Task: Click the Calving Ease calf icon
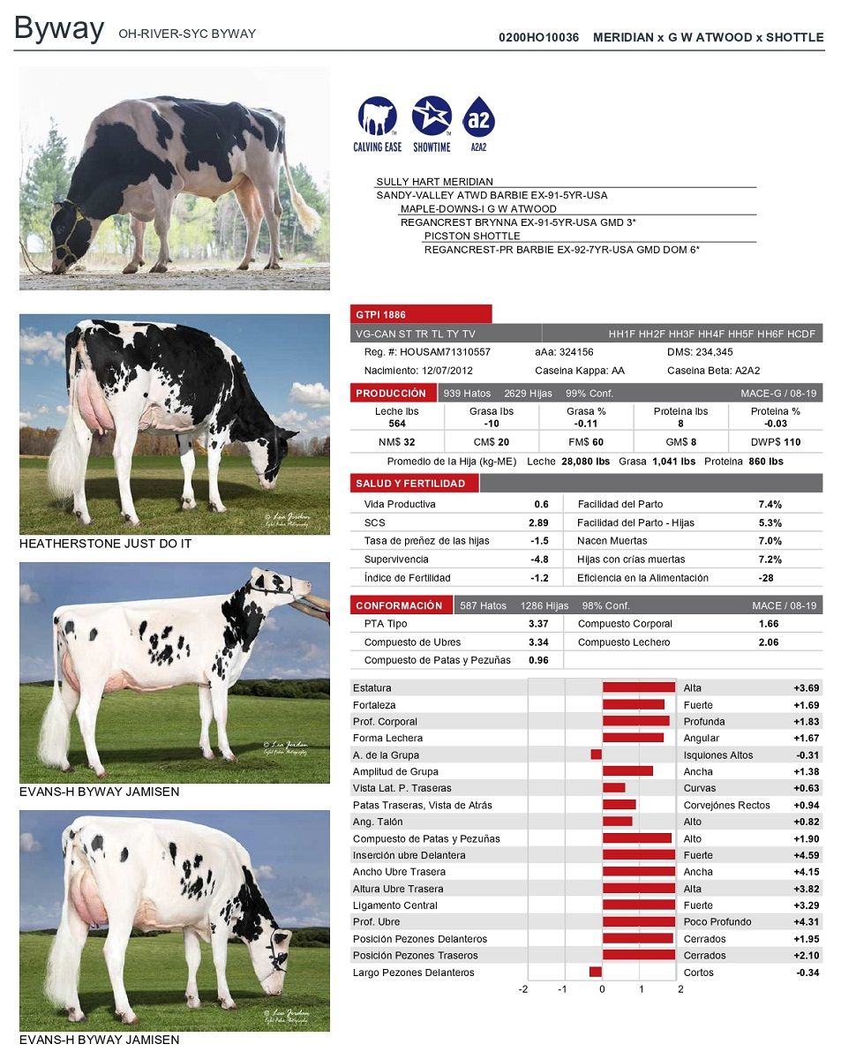pos(377,116)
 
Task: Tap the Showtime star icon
pos(432,116)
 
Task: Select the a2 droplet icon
pos(478,116)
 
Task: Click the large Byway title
pos(59,28)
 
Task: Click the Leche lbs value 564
pos(396,424)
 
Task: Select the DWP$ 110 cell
pos(775,442)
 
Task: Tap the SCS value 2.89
pos(538,522)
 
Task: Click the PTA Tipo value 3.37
pos(538,624)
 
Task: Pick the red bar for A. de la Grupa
pos(596,755)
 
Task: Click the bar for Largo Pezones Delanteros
pos(596,972)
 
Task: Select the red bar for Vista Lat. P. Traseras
pos(613,787)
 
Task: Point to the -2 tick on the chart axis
pos(523,989)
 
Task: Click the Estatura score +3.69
pos(806,688)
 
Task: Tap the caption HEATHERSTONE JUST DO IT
pos(105,544)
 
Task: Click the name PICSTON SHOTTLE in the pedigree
pos(472,236)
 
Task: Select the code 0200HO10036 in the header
pos(538,37)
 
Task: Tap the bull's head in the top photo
pos(69,236)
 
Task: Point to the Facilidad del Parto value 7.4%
pos(770,504)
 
